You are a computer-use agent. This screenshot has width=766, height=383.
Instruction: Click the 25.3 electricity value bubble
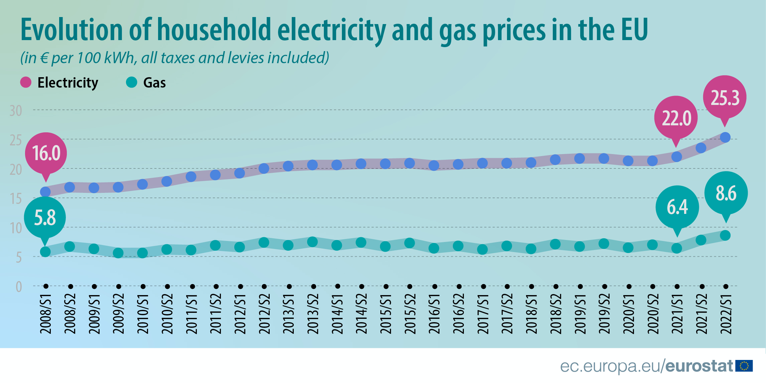(x=725, y=97)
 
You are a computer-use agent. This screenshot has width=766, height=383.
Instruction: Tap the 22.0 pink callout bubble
(x=676, y=118)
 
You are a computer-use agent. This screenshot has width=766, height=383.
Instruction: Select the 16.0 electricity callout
(x=46, y=153)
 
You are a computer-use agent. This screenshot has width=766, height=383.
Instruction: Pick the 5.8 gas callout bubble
(x=45, y=218)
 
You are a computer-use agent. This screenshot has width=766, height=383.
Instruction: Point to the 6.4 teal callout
(x=677, y=207)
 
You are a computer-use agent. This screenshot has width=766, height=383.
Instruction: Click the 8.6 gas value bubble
(x=726, y=193)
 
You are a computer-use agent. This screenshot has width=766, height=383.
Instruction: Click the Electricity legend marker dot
(x=26, y=82)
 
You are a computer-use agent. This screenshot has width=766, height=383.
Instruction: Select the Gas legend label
(x=154, y=83)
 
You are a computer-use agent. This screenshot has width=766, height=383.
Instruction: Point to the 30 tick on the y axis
(x=16, y=111)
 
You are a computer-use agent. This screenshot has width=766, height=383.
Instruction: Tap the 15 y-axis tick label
(x=16, y=199)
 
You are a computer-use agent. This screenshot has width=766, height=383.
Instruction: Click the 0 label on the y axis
(x=19, y=287)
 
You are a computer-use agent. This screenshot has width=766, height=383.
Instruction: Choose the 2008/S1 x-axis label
(x=46, y=313)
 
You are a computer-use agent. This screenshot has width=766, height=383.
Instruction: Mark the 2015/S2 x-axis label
(x=410, y=313)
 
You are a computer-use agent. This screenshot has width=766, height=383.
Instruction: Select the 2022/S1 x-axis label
(x=726, y=313)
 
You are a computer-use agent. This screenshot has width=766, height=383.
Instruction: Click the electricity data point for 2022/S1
(x=725, y=137)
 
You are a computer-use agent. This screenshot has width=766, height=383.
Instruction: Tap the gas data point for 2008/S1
(x=45, y=252)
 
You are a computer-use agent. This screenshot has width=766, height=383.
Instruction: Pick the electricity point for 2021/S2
(x=701, y=148)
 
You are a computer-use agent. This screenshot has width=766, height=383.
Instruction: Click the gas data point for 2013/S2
(x=312, y=242)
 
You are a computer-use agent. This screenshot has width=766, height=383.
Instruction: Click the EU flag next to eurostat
(x=744, y=366)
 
